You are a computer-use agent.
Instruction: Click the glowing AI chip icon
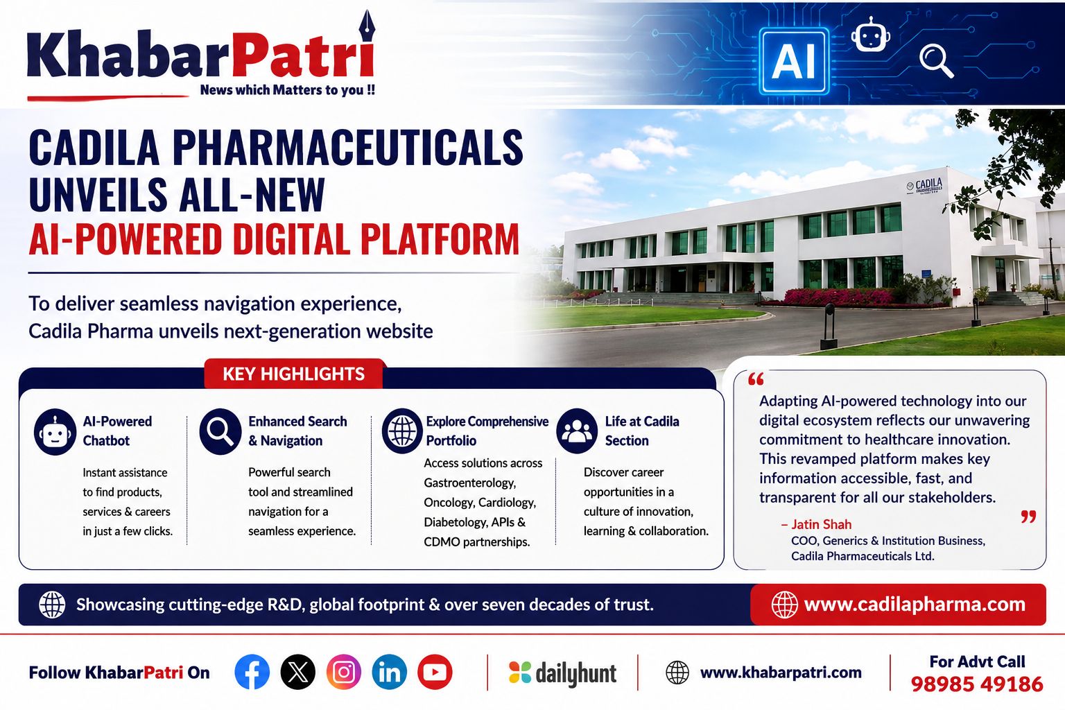[793, 61]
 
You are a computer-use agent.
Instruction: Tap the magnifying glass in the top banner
[935, 60]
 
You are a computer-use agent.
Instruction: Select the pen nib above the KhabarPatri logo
[367, 26]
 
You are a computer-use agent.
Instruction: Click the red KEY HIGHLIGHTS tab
[293, 374]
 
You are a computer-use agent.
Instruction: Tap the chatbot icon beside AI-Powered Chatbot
[55, 432]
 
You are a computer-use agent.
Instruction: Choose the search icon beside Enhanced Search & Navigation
[220, 431]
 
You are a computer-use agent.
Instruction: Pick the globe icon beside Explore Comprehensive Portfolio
[402, 431]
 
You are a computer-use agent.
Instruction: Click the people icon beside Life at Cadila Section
[577, 431]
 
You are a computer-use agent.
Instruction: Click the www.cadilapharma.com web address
[915, 605]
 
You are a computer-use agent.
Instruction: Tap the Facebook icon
[252, 672]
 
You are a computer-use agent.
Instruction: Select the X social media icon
[297, 672]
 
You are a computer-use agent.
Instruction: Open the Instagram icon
[344, 672]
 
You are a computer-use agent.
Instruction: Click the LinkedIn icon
[390, 672]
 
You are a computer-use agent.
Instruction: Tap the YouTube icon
[435, 672]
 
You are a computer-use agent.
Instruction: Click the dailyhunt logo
[562, 673]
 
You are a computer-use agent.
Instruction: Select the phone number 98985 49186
[977, 684]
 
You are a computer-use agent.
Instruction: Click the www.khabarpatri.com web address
[781, 673]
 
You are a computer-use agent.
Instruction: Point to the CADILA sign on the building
[925, 186]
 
